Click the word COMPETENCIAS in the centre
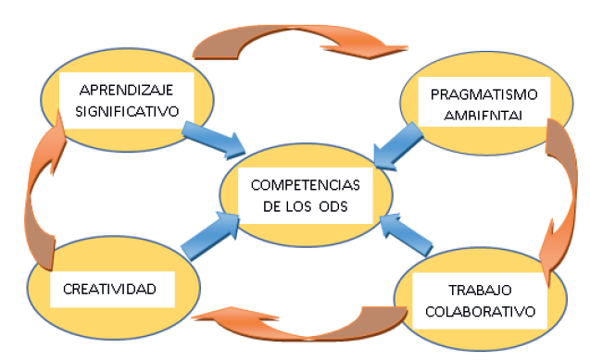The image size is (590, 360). click(307, 184)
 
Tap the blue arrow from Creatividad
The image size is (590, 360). click(207, 236)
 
